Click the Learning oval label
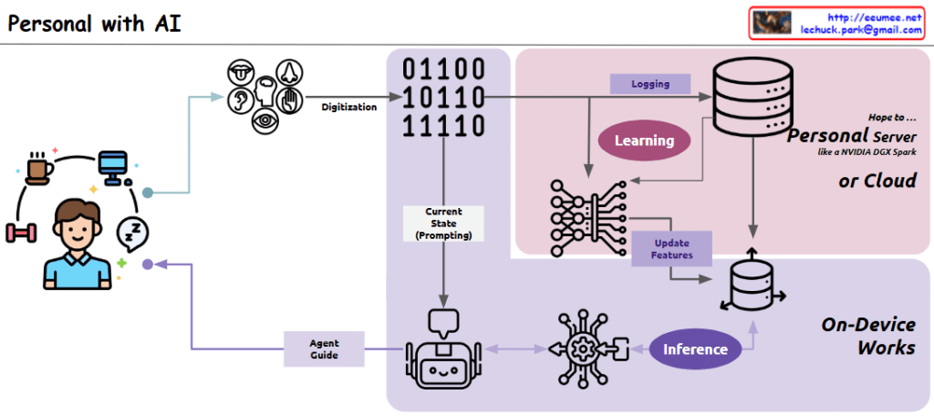[644, 140]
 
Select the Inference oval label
[695, 348]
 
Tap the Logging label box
[650, 84]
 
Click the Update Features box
[671, 249]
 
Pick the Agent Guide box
[324, 348]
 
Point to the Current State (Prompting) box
[443, 224]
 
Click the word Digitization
[348, 107]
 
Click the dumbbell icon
[20, 233]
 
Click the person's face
[77, 228]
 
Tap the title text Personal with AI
[94, 24]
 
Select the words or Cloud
[877, 182]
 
